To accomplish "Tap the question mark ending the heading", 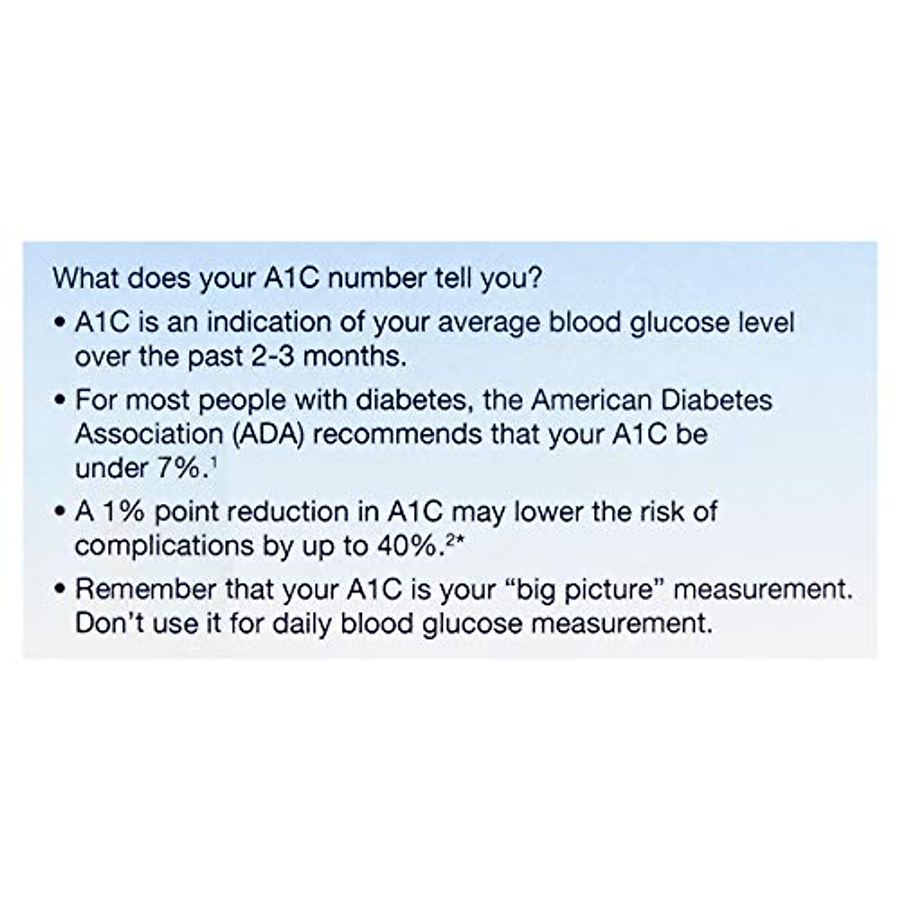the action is pos(535,277).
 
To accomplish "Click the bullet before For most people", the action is pos(60,400).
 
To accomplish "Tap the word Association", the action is pos(149,434).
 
